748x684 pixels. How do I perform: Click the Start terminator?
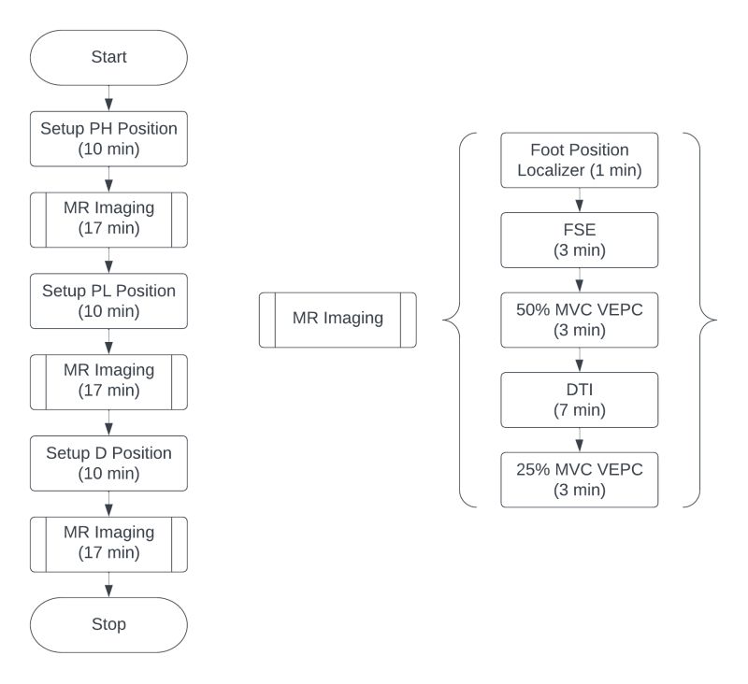point(108,58)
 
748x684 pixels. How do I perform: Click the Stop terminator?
point(108,624)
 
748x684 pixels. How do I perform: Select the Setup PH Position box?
point(108,138)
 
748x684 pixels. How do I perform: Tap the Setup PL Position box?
point(108,301)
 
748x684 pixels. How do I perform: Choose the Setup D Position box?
point(108,463)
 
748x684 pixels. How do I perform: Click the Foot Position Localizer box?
point(580,160)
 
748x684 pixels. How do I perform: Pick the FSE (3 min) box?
point(580,240)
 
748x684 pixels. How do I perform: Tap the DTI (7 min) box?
point(580,400)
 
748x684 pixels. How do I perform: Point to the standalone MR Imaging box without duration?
point(338,319)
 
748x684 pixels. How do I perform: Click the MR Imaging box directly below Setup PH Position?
point(108,220)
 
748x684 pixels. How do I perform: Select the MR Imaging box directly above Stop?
point(108,543)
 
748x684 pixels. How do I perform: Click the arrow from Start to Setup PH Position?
point(108,98)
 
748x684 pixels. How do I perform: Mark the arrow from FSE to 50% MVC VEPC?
point(580,279)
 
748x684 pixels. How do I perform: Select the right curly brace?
point(707,320)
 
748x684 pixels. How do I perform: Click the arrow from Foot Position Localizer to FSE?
point(580,200)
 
